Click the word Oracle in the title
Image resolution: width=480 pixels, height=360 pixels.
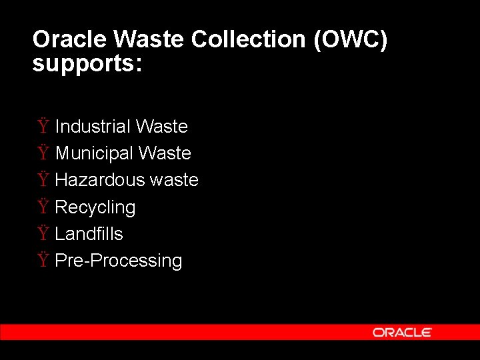[x=70, y=40]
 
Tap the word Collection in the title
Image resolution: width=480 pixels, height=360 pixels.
[x=249, y=40]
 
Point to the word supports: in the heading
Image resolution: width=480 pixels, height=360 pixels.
[x=87, y=65]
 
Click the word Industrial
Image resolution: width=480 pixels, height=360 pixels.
[x=93, y=127]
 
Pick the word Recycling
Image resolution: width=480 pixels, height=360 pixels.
[x=95, y=208]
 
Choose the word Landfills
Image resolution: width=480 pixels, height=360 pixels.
[x=89, y=234]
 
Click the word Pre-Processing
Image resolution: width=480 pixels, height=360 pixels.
[x=119, y=261]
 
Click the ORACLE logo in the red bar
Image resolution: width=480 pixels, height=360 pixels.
[x=402, y=332]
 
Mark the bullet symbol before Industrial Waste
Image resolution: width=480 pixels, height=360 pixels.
[x=43, y=126]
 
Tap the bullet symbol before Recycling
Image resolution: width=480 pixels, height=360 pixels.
[x=43, y=207]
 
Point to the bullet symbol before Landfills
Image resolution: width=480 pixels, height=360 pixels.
[x=43, y=233]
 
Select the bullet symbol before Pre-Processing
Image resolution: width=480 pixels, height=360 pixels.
[x=43, y=260]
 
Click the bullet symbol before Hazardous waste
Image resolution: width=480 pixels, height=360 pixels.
[x=43, y=179]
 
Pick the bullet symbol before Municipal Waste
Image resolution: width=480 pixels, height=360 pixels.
[x=43, y=153]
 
